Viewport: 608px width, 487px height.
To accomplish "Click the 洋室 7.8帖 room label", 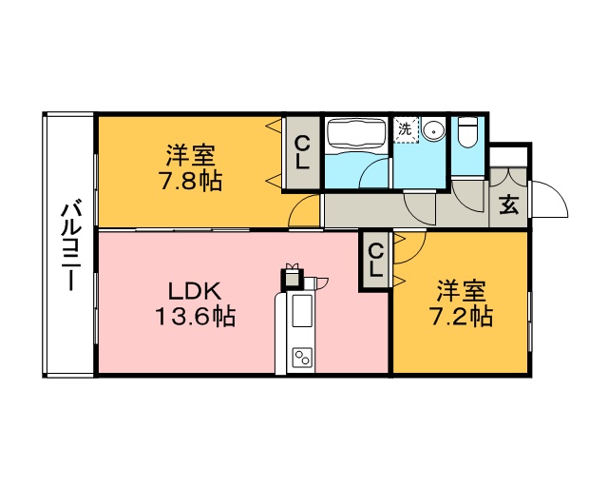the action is pos(190,167).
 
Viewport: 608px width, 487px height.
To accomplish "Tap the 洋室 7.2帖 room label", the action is pos(461,303).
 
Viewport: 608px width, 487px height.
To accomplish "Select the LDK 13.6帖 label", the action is pos(196,303).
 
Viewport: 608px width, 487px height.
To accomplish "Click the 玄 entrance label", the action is pos(509,205).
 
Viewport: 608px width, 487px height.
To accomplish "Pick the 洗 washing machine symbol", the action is pos(406,130).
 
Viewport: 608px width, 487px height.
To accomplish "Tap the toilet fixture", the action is pos(467,132).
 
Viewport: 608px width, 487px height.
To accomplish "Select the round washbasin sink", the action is pos(433,131).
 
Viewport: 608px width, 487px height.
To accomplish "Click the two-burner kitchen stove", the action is pos(302,357).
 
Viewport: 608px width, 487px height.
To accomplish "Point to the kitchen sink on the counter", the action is pos(302,311).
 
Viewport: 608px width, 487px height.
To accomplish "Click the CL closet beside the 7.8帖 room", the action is pos(302,153).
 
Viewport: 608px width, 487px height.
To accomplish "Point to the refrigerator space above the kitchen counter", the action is pos(293,278).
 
